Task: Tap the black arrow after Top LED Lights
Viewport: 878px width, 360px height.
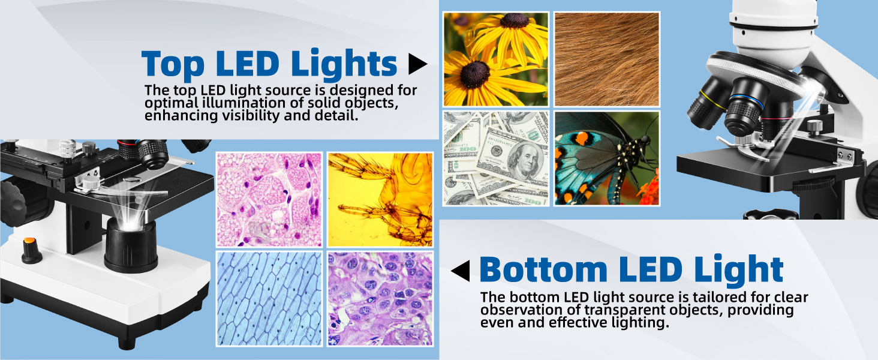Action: coord(417,64)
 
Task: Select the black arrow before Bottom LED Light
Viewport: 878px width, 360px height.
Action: coord(461,271)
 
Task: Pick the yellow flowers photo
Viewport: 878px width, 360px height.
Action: coord(496,59)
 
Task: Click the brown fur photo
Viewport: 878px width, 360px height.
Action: coord(606,59)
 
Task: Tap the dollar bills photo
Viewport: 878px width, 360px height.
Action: coord(496,158)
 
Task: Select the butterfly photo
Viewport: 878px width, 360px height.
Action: coord(606,158)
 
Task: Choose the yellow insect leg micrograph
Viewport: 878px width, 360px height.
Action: coord(380,199)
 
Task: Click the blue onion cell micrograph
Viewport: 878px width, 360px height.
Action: coord(269,298)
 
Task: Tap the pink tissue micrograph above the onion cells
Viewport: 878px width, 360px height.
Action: coord(269,199)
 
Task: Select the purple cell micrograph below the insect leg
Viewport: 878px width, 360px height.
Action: coord(380,298)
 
